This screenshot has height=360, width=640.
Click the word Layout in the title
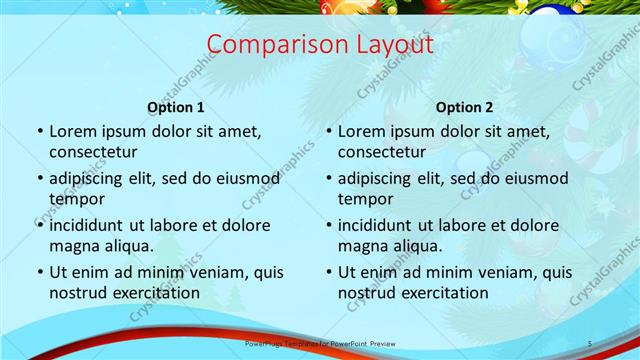pyautogui.click(x=385, y=45)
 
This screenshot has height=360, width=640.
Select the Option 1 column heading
pyautogui.click(x=176, y=107)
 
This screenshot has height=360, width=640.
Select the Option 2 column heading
pyautogui.click(x=465, y=107)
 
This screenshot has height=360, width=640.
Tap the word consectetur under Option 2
pyautogui.click(x=382, y=152)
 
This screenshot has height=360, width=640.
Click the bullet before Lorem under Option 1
pyautogui.click(x=39, y=132)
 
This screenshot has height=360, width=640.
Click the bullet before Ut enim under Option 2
pyautogui.click(x=328, y=273)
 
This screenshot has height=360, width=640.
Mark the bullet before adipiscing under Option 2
pyautogui.click(x=328, y=179)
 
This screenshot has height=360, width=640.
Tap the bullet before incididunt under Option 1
pyautogui.click(x=39, y=226)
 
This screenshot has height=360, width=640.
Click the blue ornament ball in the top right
pyautogui.click(x=549, y=17)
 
